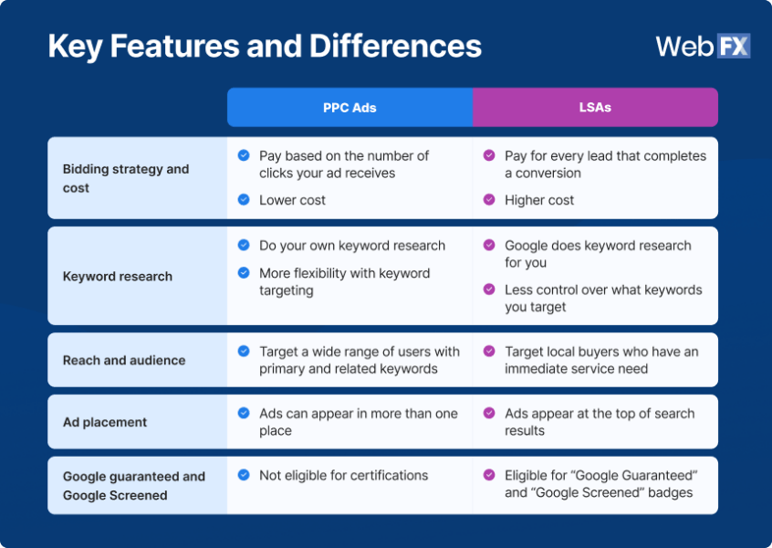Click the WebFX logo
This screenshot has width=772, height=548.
click(703, 46)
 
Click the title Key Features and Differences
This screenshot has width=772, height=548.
click(265, 46)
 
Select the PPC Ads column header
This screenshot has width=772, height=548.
click(349, 108)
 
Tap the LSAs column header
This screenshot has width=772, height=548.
click(595, 108)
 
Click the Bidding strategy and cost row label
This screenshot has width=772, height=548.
click(126, 178)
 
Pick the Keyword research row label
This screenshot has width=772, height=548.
click(118, 276)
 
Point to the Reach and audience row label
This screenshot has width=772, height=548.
click(124, 360)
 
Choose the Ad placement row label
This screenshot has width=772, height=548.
click(105, 422)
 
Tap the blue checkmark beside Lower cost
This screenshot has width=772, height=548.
click(244, 199)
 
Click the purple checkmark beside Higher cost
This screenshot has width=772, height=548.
click(489, 199)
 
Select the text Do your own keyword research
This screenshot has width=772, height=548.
click(352, 246)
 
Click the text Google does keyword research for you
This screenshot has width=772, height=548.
click(598, 254)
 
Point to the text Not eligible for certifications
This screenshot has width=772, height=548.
click(343, 475)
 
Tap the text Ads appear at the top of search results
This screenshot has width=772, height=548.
click(599, 422)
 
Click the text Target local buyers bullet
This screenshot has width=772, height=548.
click(600, 360)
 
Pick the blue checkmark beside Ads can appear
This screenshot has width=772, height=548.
click(244, 413)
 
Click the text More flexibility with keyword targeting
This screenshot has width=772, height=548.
click(344, 281)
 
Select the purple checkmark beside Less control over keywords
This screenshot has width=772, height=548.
click(489, 290)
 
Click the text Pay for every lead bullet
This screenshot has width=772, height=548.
click(605, 164)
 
